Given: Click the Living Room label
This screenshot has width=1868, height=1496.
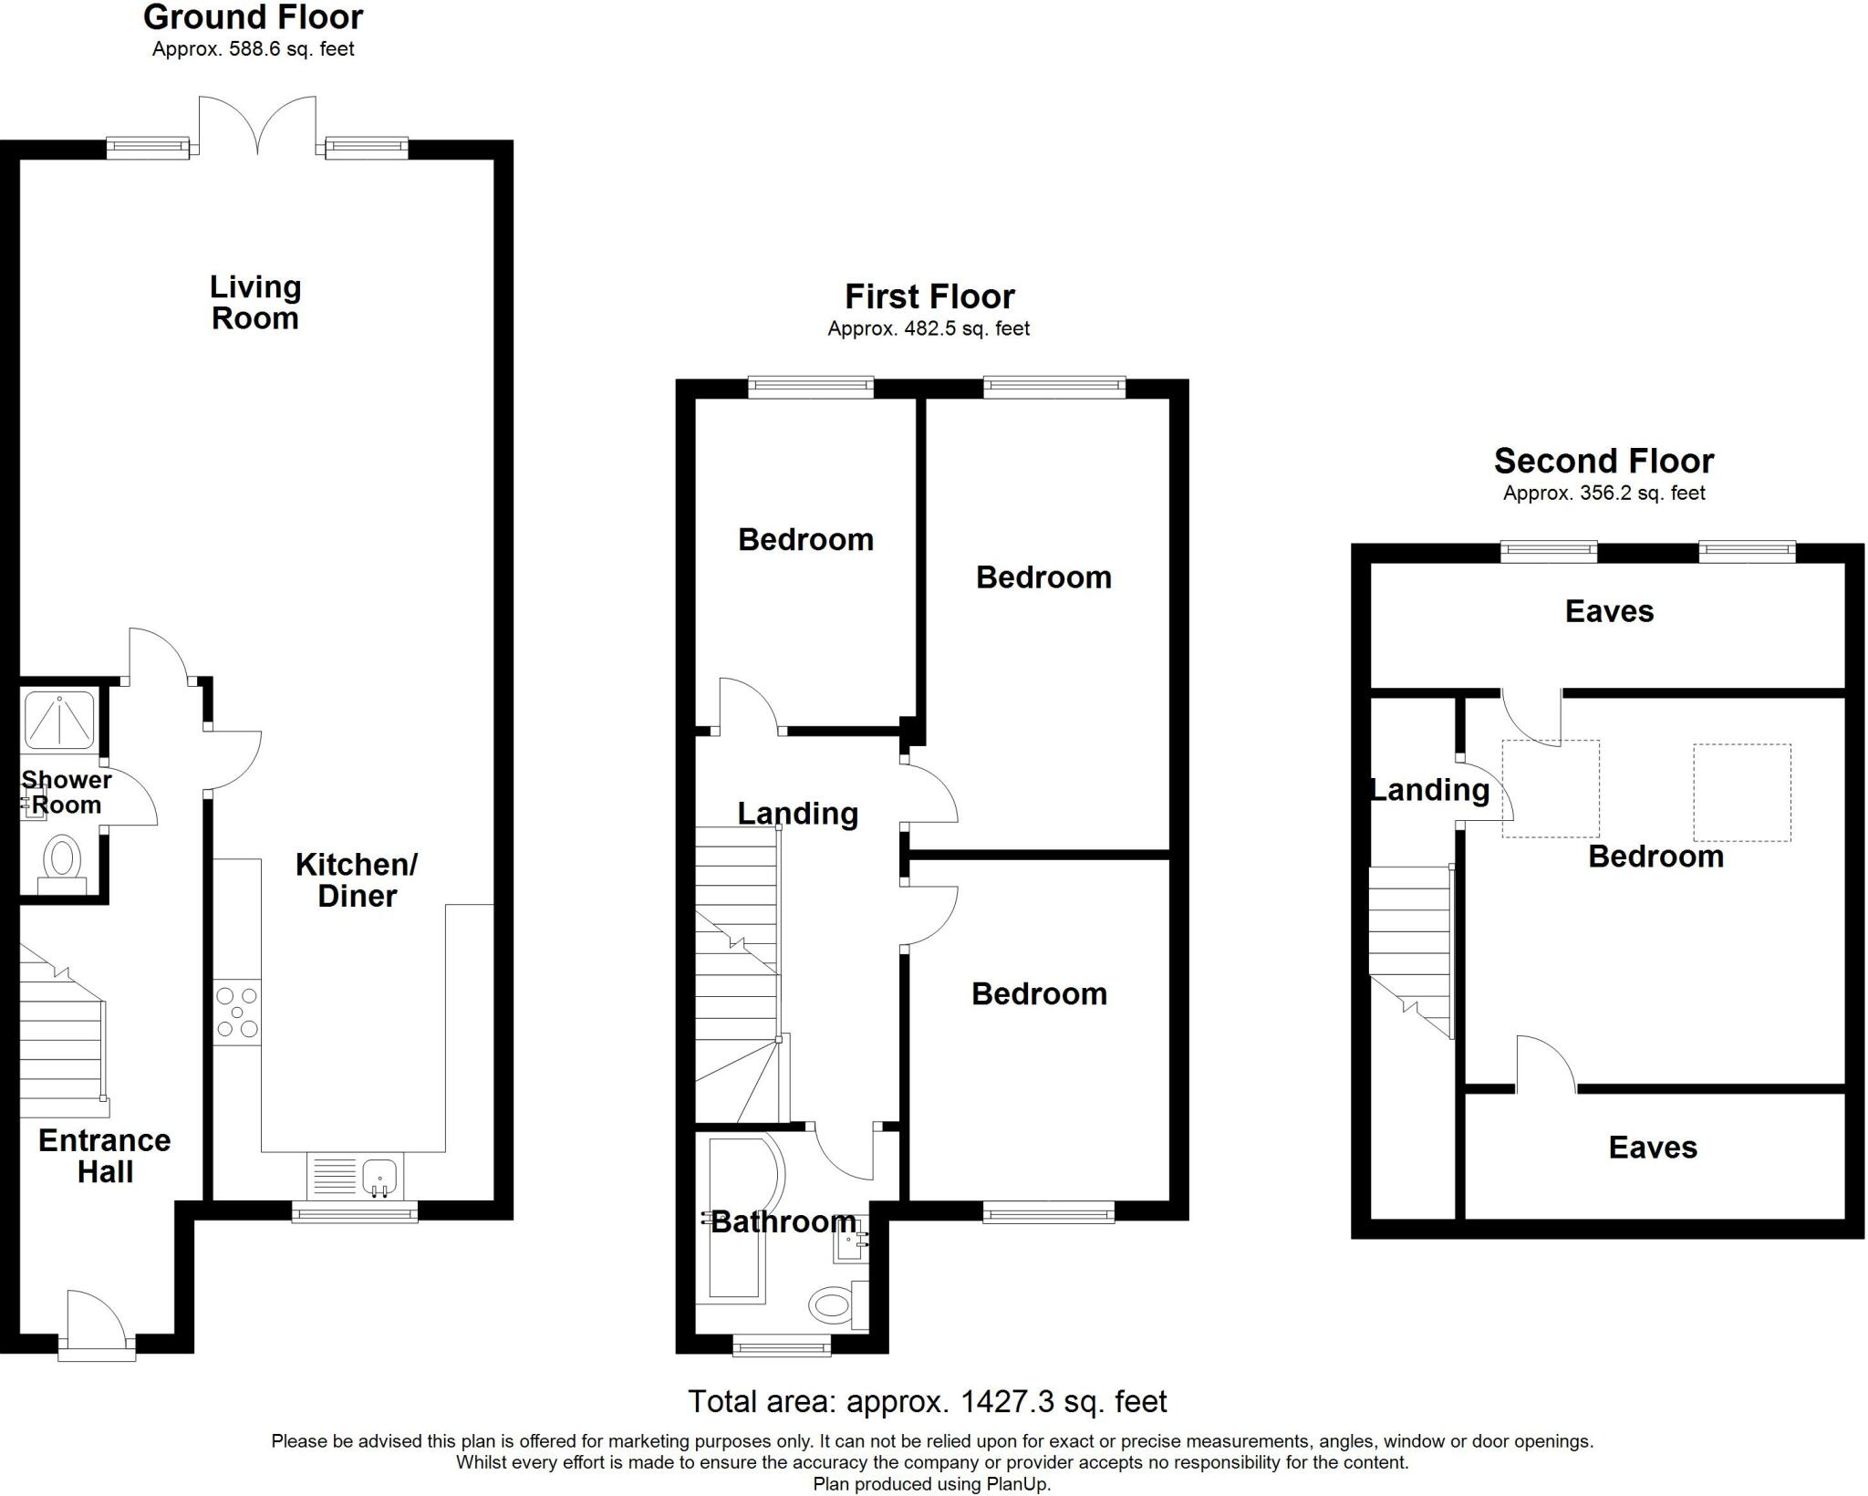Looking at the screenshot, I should (x=255, y=302).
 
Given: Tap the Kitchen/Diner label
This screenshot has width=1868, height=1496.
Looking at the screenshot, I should (x=357, y=879).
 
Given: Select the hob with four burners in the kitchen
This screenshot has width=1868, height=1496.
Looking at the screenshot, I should (x=237, y=1013).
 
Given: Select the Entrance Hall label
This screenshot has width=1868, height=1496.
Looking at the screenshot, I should (x=105, y=1156).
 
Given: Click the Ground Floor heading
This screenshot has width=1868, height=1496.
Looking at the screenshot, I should (x=253, y=17).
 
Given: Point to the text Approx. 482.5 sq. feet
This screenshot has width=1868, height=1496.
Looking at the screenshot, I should (x=929, y=328).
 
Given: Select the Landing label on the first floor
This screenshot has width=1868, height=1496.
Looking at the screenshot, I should (x=797, y=813).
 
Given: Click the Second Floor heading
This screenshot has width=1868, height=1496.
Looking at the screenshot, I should (x=1603, y=461).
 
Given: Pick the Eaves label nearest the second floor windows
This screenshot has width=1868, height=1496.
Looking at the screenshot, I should (x=1609, y=610).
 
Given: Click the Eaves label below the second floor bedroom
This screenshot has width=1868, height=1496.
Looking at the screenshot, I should (x=1652, y=1147).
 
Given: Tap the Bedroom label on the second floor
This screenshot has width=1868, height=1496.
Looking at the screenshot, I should (x=1655, y=856).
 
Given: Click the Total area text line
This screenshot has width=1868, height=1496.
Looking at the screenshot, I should (x=927, y=1401).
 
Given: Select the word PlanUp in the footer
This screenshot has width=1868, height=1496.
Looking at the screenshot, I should (x=1017, y=1484).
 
